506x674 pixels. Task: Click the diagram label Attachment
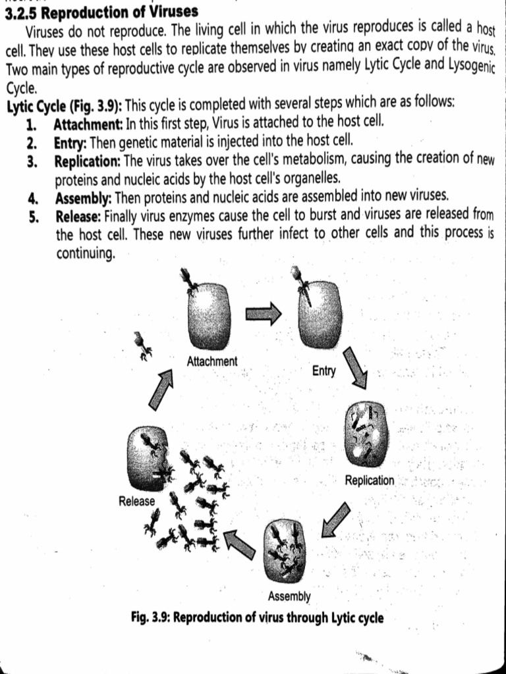pyautogui.click(x=212, y=361)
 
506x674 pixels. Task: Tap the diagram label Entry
pyautogui.click(x=323, y=371)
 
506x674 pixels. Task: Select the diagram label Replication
pyautogui.click(x=370, y=480)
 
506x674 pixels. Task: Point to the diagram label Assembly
pyautogui.click(x=289, y=597)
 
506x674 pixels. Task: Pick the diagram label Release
pyautogui.click(x=137, y=502)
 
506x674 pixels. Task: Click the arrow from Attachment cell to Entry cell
pyautogui.click(x=263, y=315)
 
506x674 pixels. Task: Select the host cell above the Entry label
pyautogui.click(x=320, y=315)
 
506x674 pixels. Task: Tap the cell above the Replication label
pyautogui.click(x=366, y=433)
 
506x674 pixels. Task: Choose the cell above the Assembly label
pyautogui.click(x=285, y=551)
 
